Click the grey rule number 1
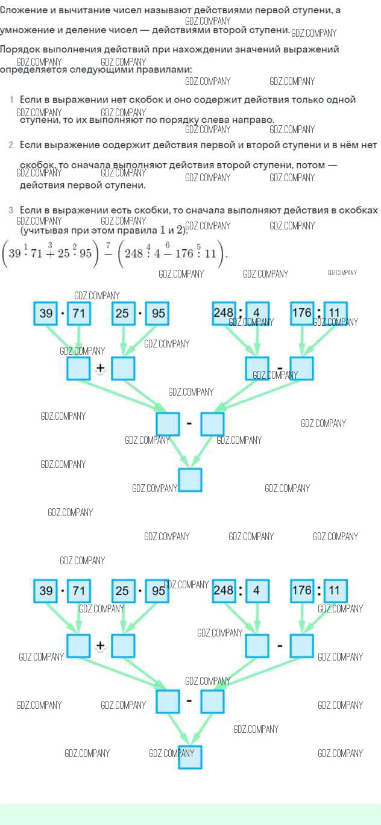(11, 99)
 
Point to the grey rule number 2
(11, 145)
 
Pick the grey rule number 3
(11, 210)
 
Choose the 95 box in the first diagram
(159, 314)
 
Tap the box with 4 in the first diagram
(257, 314)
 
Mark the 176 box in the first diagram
(302, 313)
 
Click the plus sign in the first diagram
(100, 370)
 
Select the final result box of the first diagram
(190, 480)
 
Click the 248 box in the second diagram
(224, 591)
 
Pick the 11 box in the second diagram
(335, 591)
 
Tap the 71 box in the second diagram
(78, 591)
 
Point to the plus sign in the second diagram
(100, 646)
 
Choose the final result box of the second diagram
(190, 758)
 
